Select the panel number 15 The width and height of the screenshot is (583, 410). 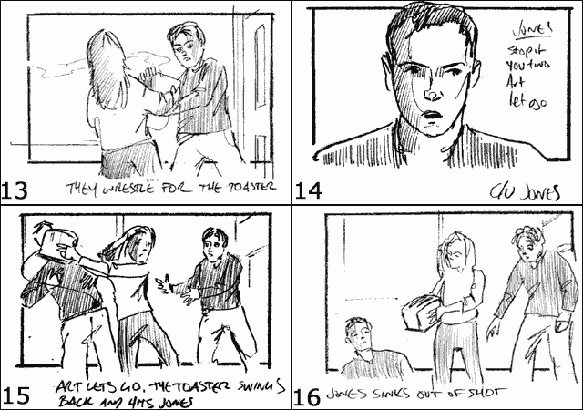click(16, 395)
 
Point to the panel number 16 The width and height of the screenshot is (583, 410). click(308, 395)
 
